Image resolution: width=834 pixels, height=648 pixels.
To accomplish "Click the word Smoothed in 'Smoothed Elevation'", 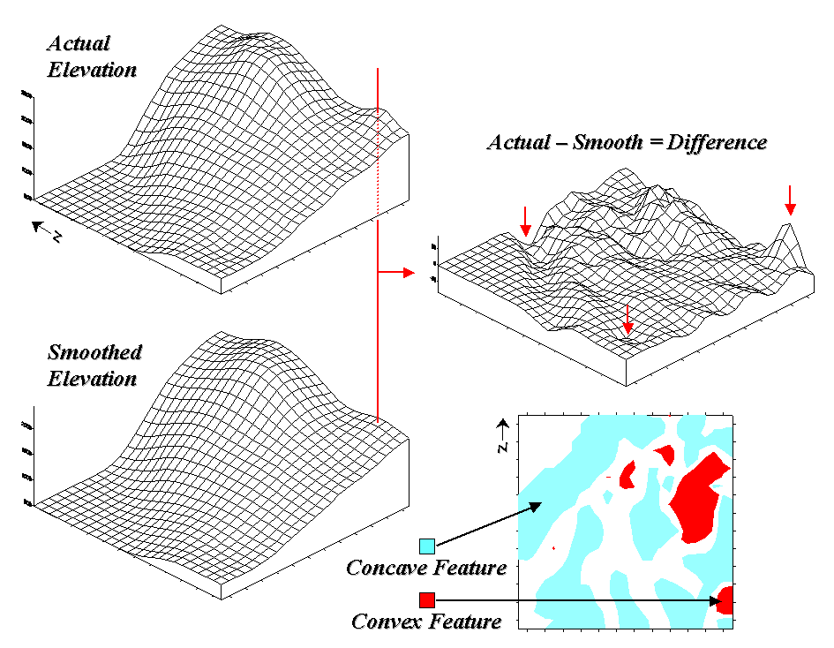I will tap(94, 353).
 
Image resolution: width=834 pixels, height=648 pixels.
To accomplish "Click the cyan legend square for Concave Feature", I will tap(427, 546).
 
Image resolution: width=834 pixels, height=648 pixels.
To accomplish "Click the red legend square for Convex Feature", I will tap(427, 600).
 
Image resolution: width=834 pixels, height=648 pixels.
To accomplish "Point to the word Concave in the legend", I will tap(383, 567).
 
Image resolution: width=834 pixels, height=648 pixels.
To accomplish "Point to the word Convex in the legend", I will tap(386, 622).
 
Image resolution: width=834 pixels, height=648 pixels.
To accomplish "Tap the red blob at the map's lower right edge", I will tap(726, 599).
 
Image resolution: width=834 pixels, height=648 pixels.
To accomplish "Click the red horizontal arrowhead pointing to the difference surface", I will tap(408, 273).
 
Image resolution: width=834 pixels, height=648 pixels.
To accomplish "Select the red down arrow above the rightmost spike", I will tap(790, 201).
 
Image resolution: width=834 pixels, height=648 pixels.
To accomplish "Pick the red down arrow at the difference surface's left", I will tap(525, 222).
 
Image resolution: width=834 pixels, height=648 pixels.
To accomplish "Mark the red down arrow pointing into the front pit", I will tap(627, 319).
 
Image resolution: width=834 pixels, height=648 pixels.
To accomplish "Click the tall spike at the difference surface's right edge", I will tap(788, 229).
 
